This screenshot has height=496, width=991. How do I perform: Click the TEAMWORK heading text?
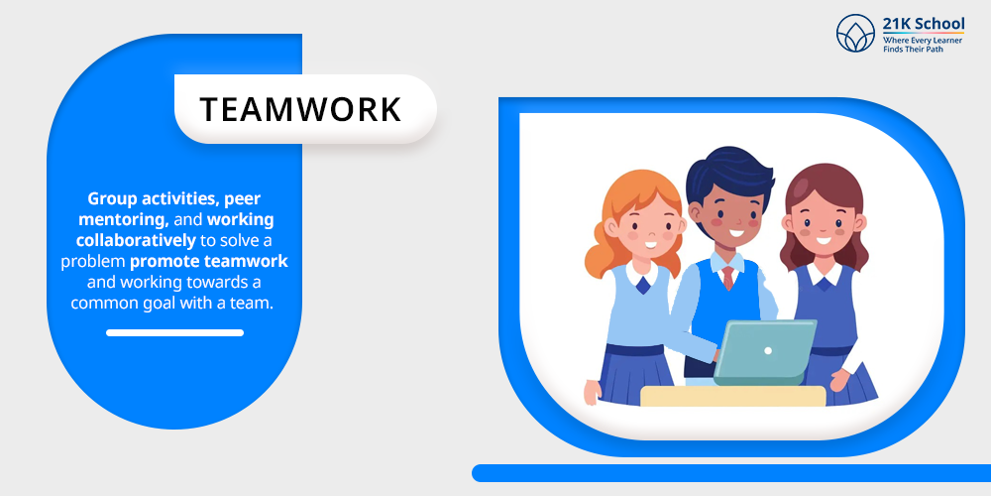(300, 109)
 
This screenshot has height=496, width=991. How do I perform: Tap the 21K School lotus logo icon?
(855, 33)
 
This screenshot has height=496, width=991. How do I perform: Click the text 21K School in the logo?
(924, 24)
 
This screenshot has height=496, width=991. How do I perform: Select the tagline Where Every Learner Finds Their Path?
(922, 45)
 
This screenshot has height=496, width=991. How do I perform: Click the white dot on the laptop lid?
(768, 350)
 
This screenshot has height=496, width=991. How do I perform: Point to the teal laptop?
(765, 352)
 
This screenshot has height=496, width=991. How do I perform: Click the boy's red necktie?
(728, 278)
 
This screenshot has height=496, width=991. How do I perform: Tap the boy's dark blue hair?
(730, 174)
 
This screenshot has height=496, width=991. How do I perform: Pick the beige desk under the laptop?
(733, 396)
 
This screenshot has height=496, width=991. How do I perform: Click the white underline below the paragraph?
(175, 332)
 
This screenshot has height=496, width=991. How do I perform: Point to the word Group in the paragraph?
(113, 199)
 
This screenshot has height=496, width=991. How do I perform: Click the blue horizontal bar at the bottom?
(731, 472)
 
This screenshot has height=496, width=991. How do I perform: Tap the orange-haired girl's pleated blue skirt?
(636, 375)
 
